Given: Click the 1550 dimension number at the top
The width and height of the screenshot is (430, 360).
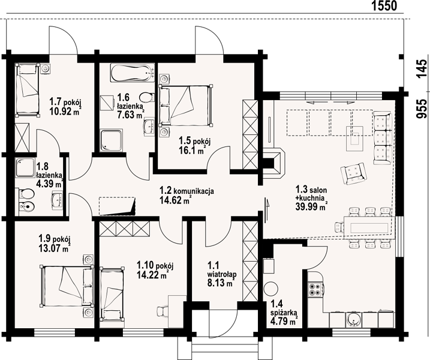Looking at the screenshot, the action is (x=384, y=5).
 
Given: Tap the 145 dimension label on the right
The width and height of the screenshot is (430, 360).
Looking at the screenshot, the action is (x=422, y=69).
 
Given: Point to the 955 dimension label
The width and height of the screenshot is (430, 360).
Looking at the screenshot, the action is (x=422, y=109).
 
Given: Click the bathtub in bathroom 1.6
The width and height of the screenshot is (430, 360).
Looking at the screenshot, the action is (x=133, y=73).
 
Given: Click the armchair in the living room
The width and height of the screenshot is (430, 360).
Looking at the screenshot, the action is (x=353, y=173).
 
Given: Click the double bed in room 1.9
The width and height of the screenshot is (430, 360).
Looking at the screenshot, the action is (x=67, y=286).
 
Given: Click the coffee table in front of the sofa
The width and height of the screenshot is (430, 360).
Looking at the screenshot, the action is (x=354, y=139).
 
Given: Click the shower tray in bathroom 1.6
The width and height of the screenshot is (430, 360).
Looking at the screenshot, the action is (x=112, y=140).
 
